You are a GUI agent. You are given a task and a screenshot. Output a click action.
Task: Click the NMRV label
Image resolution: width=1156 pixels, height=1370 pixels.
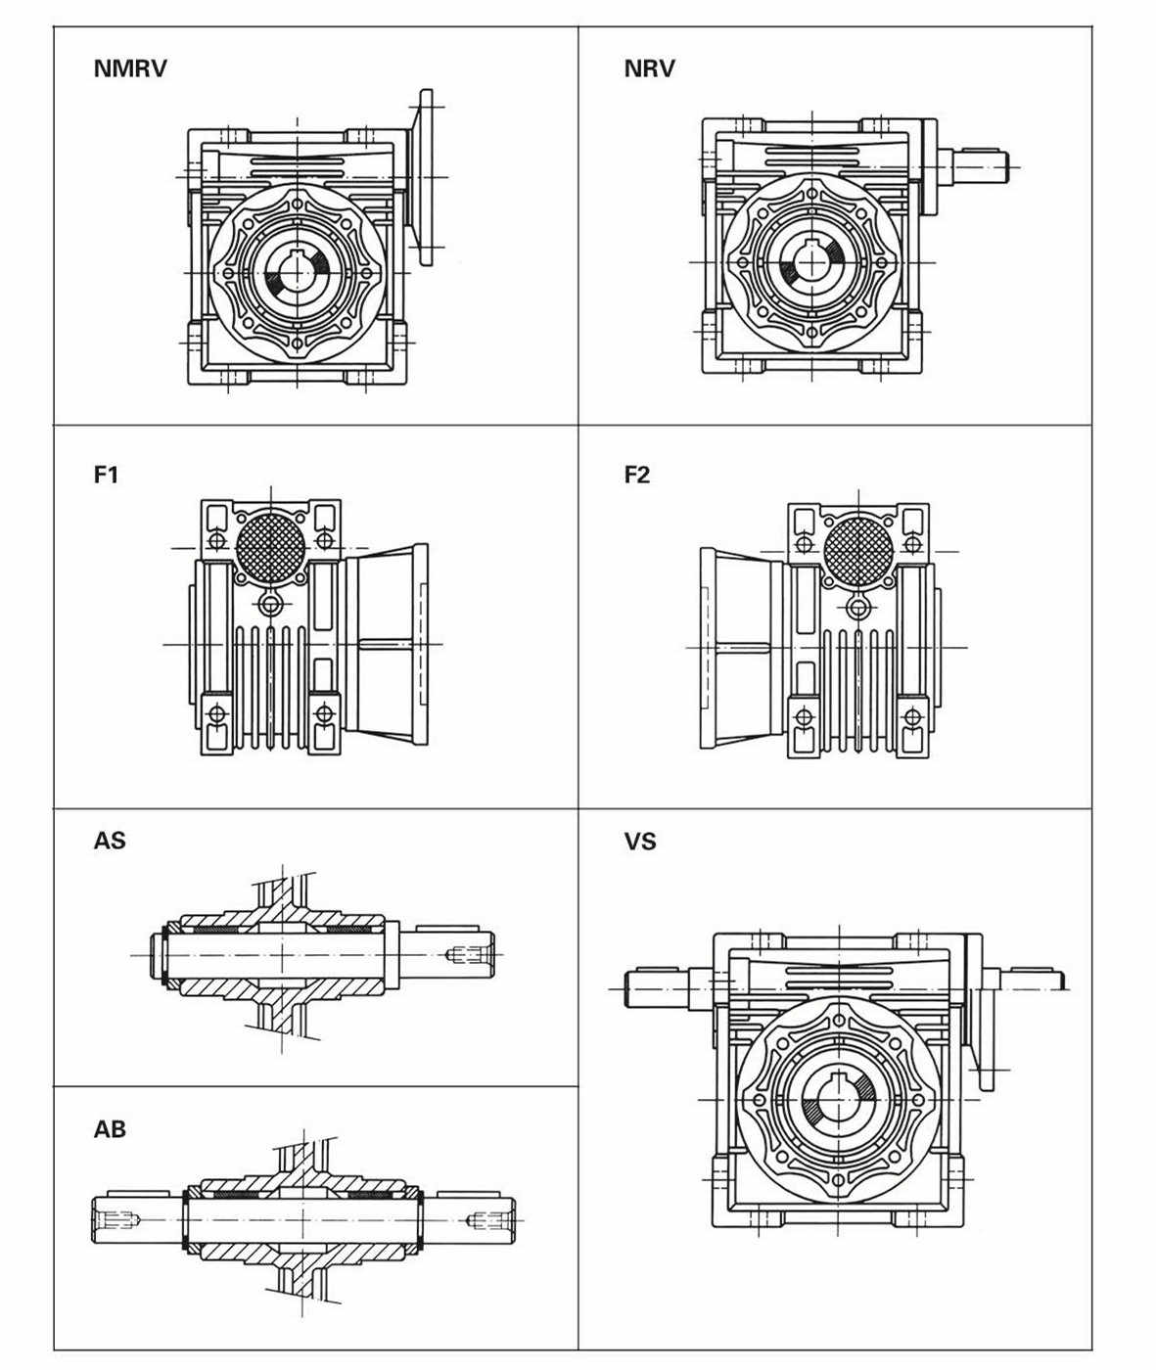point(130,68)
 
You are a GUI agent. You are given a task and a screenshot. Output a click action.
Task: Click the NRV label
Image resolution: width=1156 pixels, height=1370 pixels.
point(649,68)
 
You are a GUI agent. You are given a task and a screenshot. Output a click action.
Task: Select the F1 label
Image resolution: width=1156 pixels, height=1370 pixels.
point(106,475)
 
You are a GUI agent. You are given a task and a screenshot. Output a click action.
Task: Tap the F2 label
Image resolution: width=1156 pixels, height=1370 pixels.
point(637,475)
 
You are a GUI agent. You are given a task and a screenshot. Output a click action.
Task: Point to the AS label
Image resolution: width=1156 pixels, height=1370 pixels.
point(110,841)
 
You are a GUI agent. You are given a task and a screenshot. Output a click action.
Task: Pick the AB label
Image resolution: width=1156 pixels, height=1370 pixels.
point(110,1128)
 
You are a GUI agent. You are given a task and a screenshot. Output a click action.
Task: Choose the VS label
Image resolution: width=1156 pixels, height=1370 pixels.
point(640,841)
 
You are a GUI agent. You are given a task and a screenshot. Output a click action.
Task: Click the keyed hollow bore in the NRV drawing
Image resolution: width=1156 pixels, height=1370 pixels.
point(810,262)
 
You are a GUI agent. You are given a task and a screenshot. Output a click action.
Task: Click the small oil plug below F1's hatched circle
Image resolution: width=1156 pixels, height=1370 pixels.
point(271,602)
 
